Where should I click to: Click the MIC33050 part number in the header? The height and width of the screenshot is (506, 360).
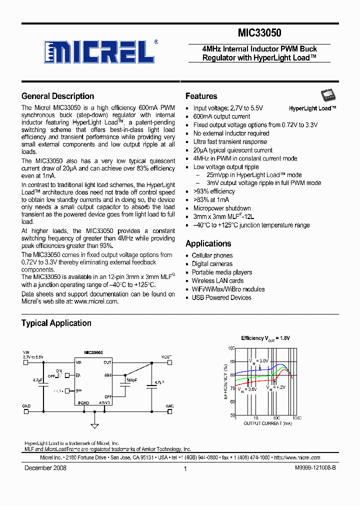point(259,33)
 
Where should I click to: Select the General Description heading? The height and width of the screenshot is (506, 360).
point(57,96)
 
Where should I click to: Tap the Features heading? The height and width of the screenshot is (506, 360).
point(201,96)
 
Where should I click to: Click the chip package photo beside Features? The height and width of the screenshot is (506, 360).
point(327,96)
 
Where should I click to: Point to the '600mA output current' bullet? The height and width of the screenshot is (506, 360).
point(221,116)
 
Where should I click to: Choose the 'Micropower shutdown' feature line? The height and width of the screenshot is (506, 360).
point(222,208)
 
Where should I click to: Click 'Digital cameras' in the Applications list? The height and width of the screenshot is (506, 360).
point(212,264)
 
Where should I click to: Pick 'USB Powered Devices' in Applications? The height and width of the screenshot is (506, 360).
point(221,298)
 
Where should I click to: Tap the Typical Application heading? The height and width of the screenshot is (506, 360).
point(56,323)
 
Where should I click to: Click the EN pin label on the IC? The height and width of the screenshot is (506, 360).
point(78,375)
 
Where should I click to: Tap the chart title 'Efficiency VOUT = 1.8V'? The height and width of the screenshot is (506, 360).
point(265,338)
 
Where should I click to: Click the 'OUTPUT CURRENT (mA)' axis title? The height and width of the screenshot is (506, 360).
point(267,423)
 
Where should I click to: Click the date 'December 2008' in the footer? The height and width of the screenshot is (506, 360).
point(45,468)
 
